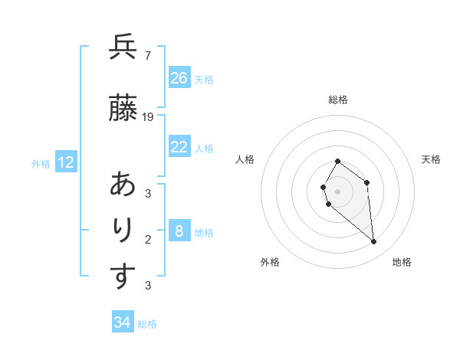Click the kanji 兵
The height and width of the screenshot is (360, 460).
click(123, 48)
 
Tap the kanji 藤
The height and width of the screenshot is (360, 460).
click(123, 110)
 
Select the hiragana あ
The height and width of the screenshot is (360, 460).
click(123, 185)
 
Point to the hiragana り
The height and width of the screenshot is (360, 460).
click(123, 231)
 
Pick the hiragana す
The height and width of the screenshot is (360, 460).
click(123, 277)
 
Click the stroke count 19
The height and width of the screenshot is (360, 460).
click(148, 117)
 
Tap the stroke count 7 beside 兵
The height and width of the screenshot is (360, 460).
click(147, 56)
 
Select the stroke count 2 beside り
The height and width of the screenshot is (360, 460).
click(147, 239)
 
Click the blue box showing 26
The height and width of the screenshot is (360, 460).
click(179, 78)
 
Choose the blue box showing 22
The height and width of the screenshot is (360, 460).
click(179, 147)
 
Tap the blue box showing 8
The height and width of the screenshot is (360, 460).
click(179, 231)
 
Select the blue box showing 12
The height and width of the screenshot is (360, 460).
click(66, 162)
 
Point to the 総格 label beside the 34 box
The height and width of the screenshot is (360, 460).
click(147, 324)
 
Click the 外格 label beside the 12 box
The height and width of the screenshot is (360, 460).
click(41, 164)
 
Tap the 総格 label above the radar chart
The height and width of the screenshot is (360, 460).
click(338, 100)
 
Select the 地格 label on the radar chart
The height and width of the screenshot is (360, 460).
click(402, 262)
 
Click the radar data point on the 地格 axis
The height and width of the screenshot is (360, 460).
click(374, 242)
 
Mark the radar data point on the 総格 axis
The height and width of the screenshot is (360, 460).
click(338, 162)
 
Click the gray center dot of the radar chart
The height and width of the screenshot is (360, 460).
click(338, 191)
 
